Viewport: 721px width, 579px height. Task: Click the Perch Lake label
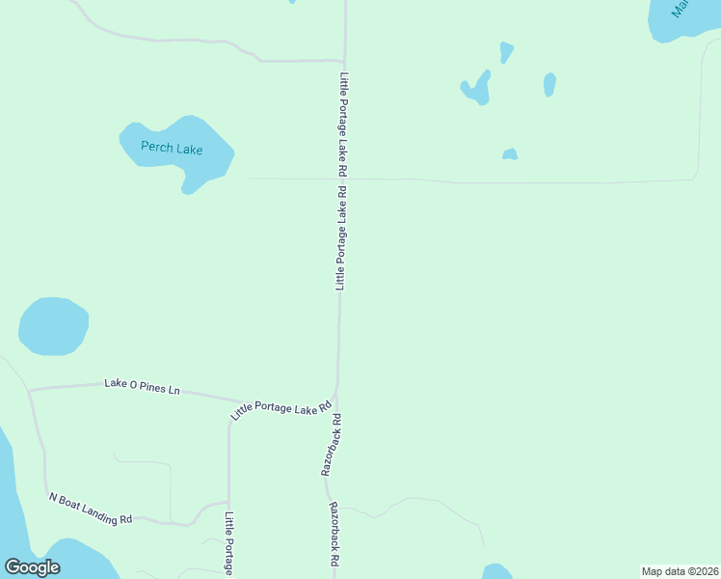point(172,149)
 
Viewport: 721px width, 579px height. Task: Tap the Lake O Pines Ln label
point(142,387)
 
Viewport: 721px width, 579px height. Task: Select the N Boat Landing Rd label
point(91,509)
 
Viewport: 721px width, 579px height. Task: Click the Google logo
point(32,567)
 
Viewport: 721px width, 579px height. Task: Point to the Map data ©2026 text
point(680,571)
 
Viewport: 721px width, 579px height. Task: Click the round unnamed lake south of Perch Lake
point(54,325)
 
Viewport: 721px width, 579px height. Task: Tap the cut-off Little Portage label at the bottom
point(229,543)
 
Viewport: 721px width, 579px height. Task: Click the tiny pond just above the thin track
point(510,154)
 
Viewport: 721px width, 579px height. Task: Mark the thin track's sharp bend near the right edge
point(694,177)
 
